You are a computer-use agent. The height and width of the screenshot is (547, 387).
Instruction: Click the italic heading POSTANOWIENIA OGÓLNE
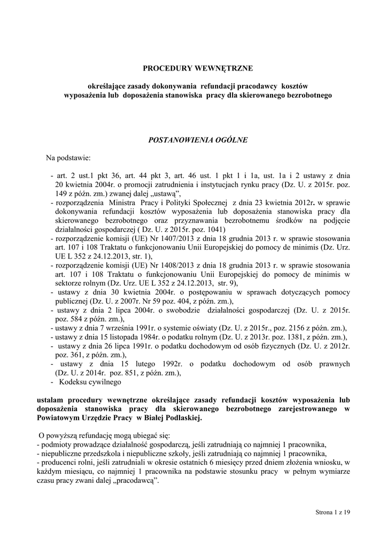point(193,140)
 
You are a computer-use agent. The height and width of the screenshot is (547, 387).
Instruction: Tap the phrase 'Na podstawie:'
point(68,158)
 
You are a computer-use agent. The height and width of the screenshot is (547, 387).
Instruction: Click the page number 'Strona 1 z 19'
point(332,513)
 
